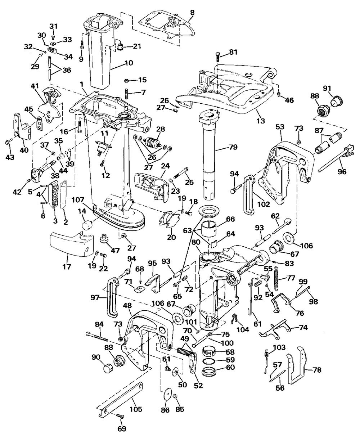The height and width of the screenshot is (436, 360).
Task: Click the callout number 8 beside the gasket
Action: click(192, 13)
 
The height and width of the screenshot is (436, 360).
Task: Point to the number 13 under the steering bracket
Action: click(261, 121)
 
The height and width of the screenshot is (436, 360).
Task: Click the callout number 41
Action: click(35, 86)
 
